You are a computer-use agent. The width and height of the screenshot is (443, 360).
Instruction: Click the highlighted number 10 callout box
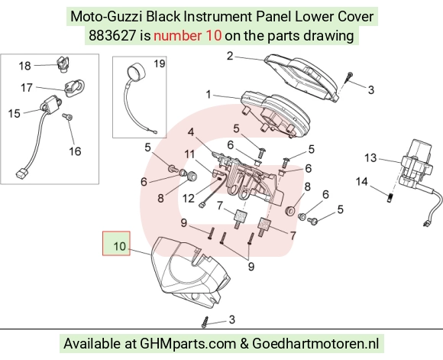116,244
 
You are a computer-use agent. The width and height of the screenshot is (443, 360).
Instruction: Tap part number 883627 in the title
112,36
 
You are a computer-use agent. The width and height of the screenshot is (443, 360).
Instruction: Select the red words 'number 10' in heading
188,36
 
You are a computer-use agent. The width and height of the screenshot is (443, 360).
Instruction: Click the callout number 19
160,63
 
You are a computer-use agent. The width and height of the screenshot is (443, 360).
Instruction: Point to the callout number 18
24,66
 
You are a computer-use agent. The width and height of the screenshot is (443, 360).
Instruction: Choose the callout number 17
27,88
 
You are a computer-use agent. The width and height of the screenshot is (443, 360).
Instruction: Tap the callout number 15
14,113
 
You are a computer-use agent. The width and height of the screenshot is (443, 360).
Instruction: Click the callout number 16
75,151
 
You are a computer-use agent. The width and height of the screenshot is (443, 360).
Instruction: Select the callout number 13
370,157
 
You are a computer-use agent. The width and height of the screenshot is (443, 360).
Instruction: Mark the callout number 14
361,182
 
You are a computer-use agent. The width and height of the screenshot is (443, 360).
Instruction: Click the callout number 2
230,56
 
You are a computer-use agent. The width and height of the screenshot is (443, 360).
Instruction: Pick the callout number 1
209,95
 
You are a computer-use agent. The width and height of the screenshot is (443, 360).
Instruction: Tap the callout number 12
189,199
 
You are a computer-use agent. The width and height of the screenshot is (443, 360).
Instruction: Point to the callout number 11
189,154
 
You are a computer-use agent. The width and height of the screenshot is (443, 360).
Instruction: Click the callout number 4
191,131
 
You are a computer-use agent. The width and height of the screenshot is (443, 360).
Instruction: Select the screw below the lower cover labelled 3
205,322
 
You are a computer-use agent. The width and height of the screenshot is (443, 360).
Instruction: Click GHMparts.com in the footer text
188,344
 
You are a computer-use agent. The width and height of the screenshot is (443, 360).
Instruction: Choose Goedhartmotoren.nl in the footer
315,344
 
